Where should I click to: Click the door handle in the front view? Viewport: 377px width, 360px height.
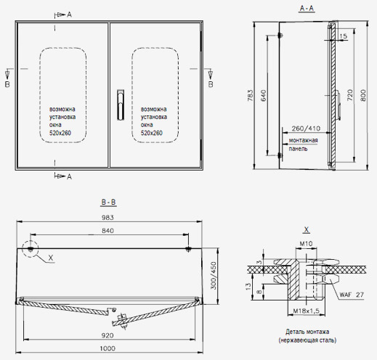[x=121, y=105]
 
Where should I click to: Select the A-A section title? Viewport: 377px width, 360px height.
[x=307, y=9]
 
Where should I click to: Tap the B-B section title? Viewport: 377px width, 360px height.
[x=108, y=202]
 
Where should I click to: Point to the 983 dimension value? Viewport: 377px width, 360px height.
[x=108, y=218]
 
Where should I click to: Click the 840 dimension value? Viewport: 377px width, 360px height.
[x=108, y=231]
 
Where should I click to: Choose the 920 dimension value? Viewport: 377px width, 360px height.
[x=108, y=335]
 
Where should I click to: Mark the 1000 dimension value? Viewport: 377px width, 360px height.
[x=108, y=348]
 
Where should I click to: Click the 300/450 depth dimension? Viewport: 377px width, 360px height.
[x=214, y=276]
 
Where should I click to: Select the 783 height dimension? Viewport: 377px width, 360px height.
[x=251, y=96]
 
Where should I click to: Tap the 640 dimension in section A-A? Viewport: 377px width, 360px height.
[x=264, y=96]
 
